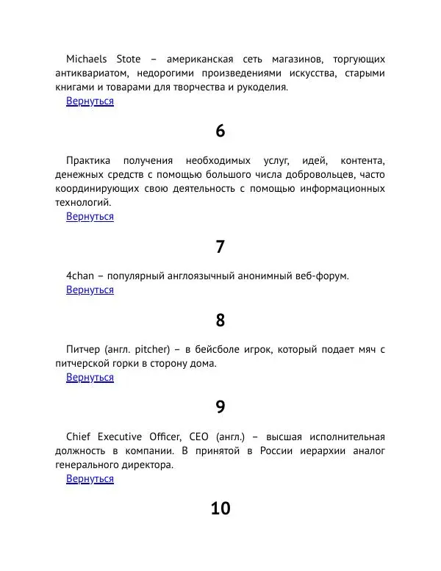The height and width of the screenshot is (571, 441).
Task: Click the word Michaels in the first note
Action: click(86, 59)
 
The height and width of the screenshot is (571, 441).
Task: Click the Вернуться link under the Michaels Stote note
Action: click(90, 101)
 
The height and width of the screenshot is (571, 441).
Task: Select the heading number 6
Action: click(220, 132)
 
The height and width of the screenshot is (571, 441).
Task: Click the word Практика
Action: click(88, 160)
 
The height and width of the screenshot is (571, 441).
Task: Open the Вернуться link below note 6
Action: click(90, 217)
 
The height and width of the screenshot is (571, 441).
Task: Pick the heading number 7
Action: click(220, 247)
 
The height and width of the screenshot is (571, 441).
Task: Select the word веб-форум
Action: click(319, 276)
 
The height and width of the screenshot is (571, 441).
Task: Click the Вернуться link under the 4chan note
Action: click(90, 290)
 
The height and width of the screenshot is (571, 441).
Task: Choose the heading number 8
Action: click(220, 320)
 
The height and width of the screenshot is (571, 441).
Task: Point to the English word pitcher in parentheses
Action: click(153, 349)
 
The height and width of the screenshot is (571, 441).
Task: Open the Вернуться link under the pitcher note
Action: click(90, 378)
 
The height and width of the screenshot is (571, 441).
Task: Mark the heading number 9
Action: click(220, 407)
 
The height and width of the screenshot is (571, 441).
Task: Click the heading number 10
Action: click(220, 509)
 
